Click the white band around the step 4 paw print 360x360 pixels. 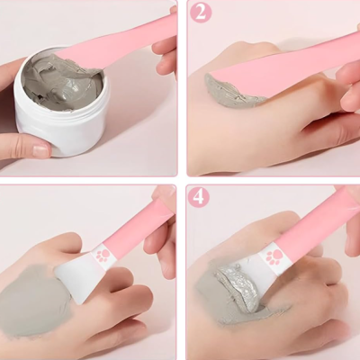[279, 270]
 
